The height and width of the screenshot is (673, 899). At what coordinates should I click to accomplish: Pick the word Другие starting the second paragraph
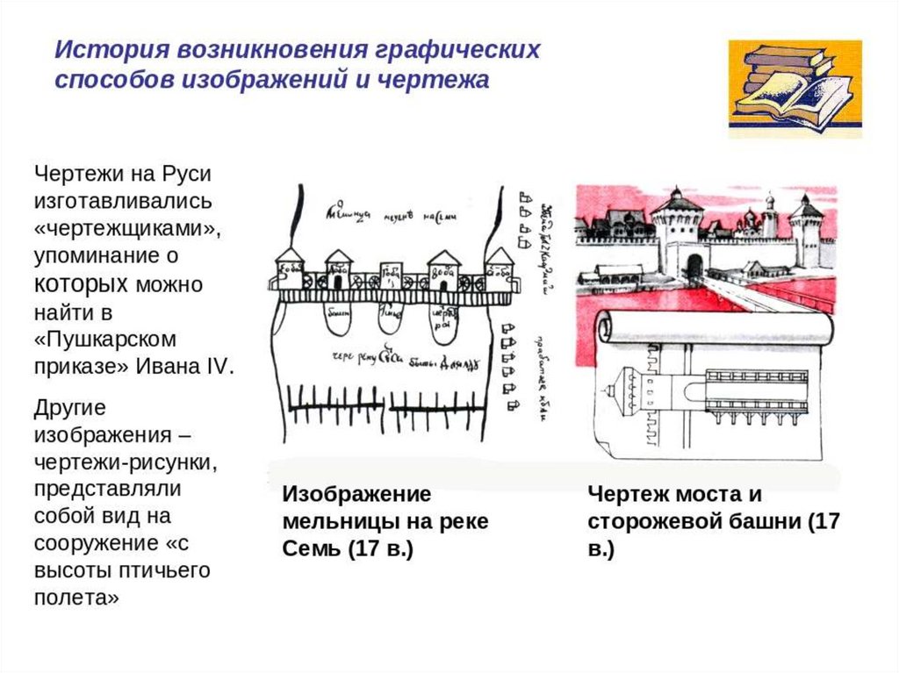(69, 408)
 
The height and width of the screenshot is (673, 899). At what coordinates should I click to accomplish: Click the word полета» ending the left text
(76, 598)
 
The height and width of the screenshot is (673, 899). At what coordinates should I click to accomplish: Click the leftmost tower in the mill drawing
(288, 268)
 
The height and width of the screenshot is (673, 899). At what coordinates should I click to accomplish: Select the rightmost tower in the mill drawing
(500, 267)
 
